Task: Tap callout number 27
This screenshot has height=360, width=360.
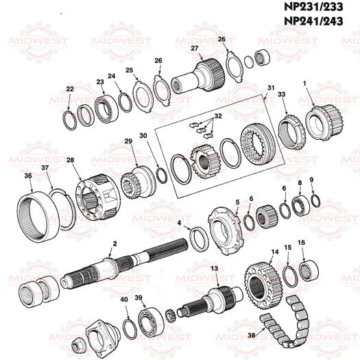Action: (x=195, y=47)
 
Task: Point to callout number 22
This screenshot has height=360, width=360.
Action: (x=70, y=89)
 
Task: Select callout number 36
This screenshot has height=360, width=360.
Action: (x=28, y=176)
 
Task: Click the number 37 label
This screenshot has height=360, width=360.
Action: (x=45, y=168)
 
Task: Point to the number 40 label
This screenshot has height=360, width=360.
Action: (x=124, y=300)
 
